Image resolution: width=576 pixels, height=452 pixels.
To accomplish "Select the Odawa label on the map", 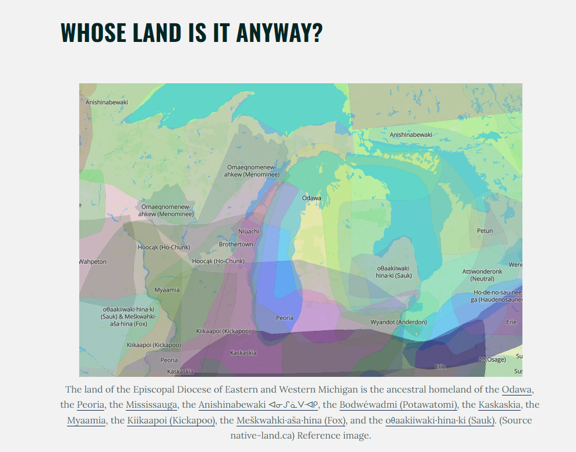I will coord(312,198).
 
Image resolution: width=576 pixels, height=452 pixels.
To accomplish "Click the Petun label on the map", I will coord(485,231).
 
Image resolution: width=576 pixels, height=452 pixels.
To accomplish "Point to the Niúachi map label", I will coord(249,231).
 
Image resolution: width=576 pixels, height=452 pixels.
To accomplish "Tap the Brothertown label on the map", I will coord(236,244).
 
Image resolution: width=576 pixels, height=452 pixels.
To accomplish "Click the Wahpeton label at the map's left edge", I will coord(93,262).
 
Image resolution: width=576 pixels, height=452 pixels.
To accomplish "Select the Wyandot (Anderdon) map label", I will coord(398,322).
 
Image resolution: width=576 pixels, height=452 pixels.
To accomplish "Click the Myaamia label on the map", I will coord(167,289).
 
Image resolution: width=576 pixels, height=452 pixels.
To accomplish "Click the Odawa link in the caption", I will coord(517,389).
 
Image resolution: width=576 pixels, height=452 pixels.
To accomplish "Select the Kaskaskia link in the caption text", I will coord(499,404).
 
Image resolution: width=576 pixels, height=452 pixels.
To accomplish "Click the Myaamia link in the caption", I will coord(86,420).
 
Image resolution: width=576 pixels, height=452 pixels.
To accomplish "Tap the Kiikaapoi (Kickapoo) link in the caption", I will coord(171,420).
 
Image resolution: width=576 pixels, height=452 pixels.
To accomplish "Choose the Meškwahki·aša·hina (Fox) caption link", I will coord(291,420).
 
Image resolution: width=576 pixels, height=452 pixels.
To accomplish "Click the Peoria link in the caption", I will coord(90,404).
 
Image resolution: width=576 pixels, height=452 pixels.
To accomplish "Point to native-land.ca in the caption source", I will coord(262,435).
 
